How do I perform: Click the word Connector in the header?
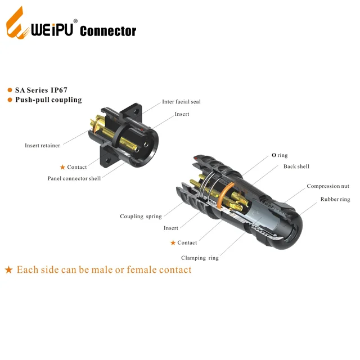[x=108, y=31]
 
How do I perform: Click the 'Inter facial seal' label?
[x=181, y=102]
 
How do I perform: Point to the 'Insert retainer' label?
[x=42, y=146]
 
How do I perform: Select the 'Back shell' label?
[x=296, y=166]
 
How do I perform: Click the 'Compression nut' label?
[x=327, y=186]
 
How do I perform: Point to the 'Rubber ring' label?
[x=335, y=199]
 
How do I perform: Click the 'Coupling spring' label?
[x=141, y=217]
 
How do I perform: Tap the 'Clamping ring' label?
[x=200, y=258]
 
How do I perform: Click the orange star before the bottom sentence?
[x=8, y=270]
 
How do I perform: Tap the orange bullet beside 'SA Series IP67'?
[x=10, y=90]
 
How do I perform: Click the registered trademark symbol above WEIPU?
[x=75, y=21]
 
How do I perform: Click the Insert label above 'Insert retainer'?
[x=182, y=114]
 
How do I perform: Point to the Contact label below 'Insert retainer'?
[x=76, y=167]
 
